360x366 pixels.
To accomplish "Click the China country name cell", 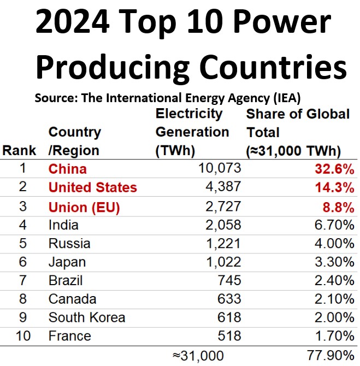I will (67, 169).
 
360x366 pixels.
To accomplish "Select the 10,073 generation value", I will (217, 169).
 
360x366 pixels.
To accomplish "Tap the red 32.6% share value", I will (334, 169).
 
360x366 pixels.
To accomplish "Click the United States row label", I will (92, 188).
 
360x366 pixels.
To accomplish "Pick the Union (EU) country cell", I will (84, 207).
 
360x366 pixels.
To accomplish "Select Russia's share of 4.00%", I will (333, 244).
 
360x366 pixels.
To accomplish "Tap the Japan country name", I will (67, 262).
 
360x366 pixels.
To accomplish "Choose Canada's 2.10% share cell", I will (333, 299).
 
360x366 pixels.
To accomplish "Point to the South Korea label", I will (86, 318).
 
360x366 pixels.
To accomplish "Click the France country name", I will (69, 336).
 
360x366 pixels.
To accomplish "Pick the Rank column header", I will (19, 150).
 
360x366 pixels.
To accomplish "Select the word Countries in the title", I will (272, 68).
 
